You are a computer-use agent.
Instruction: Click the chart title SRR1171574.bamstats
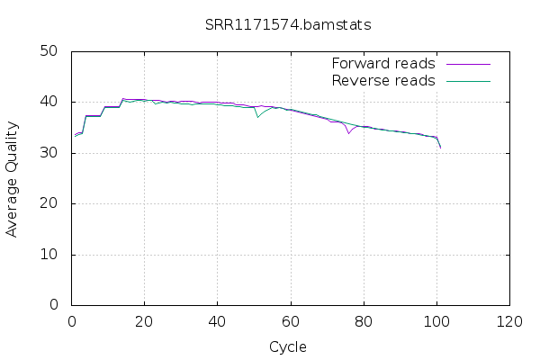288,24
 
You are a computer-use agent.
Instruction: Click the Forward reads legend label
383,64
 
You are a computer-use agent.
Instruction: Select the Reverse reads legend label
383,81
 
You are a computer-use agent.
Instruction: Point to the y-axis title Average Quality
13,179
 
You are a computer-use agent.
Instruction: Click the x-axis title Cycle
288,346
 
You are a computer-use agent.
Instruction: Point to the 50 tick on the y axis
51,51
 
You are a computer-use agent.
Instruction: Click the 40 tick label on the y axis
51,102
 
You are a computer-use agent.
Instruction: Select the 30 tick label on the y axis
51,153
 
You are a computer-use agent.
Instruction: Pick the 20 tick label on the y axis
51,203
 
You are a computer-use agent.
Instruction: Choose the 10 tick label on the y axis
51,255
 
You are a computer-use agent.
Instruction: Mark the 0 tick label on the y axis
56,305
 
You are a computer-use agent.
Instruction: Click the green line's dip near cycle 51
257,117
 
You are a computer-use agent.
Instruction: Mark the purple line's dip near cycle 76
348,133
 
